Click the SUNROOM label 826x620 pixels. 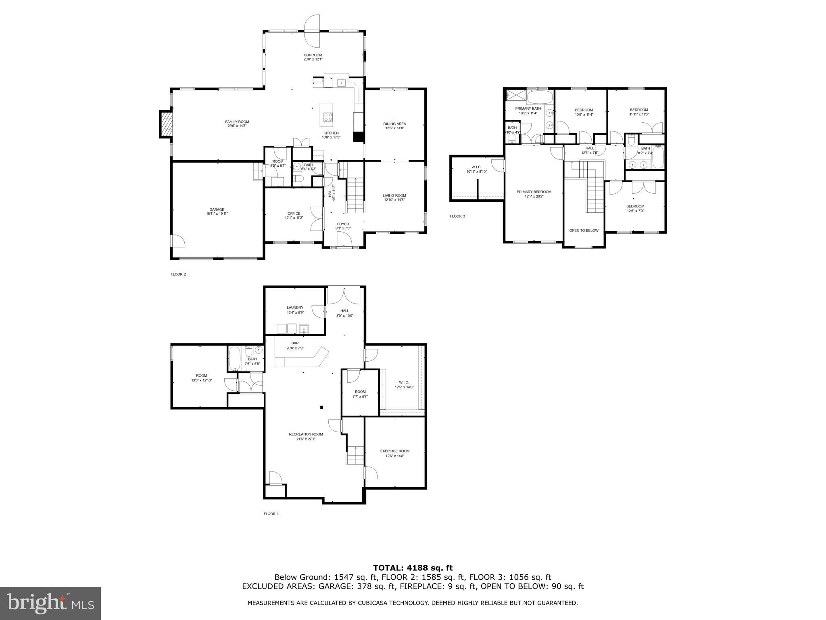pyautogui.click(x=313, y=55)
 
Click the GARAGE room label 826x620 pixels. pyautogui.click(x=217, y=209)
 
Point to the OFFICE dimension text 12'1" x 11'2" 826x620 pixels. pyautogui.click(x=294, y=218)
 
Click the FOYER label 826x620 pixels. pyautogui.click(x=343, y=224)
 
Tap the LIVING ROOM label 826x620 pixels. pyautogui.click(x=394, y=195)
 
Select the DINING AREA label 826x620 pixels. pyautogui.click(x=394, y=124)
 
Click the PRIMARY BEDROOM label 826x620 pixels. pyautogui.click(x=534, y=192)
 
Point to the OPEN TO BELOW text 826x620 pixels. pyautogui.click(x=584, y=230)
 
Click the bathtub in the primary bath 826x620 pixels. pyautogui.click(x=540, y=97)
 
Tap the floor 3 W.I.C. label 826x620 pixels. pyautogui.click(x=476, y=167)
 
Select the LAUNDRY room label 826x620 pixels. pyautogui.click(x=295, y=308)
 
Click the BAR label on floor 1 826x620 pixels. pyautogui.click(x=295, y=343)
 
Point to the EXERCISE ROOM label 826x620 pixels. pyautogui.click(x=394, y=451)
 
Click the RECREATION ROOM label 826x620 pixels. pyautogui.click(x=306, y=434)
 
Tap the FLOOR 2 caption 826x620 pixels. pyautogui.click(x=178, y=274)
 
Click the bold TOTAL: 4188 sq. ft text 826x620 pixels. pyautogui.click(x=413, y=568)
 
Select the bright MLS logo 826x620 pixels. pyautogui.click(x=50, y=603)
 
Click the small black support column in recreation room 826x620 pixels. pyautogui.click(x=321, y=407)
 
